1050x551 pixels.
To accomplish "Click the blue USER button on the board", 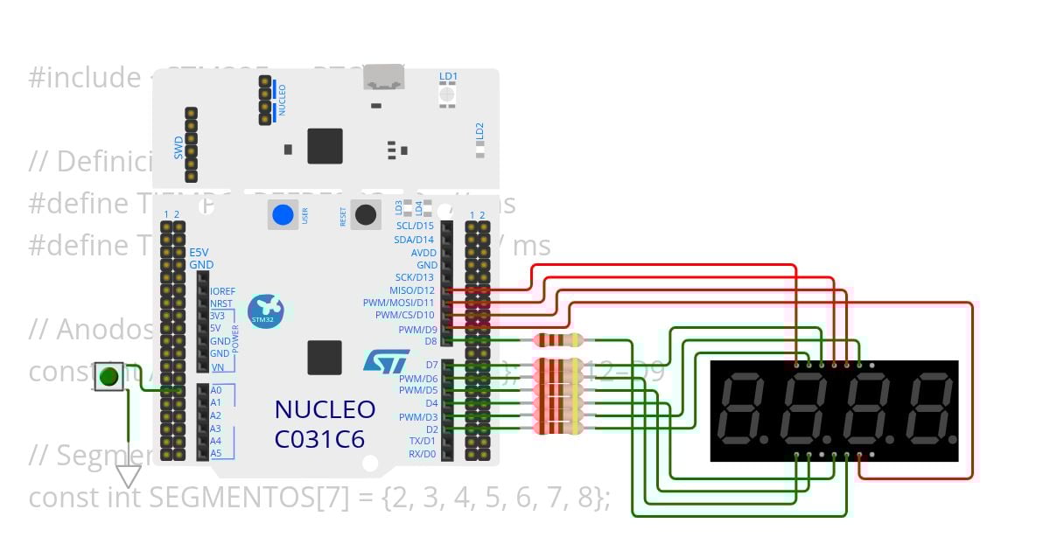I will tap(283, 215).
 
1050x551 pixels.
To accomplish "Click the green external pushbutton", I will tap(108, 377).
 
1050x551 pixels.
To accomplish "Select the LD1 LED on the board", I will tap(448, 93).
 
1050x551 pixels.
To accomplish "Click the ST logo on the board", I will tap(386, 363).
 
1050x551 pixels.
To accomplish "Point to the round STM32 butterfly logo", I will tap(265, 310).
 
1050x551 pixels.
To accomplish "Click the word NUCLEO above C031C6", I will tap(325, 409).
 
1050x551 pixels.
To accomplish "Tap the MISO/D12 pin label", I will tap(411, 290).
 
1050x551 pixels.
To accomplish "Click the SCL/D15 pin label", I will tap(415, 226).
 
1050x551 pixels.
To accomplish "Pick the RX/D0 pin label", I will tap(422, 454).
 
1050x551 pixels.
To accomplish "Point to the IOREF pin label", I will tap(222, 291).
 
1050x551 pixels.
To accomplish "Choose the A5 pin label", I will tap(216, 454).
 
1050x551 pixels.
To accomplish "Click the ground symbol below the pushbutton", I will tap(129, 476).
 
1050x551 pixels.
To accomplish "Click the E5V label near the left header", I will tap(200, 252).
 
